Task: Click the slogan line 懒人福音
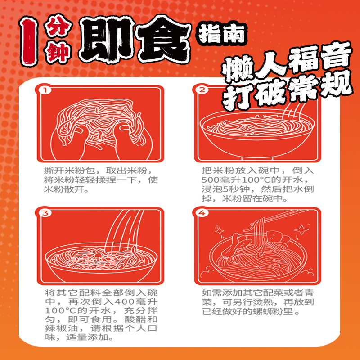[x=287, y=64]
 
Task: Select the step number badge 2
[x=202, y=90]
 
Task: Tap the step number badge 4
[x=202, y=213]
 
